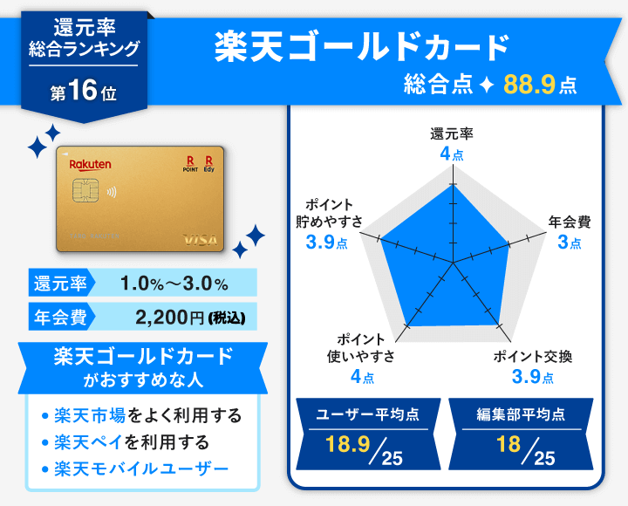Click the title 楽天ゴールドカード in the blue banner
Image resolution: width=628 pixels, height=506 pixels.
pyautogui.click(x=361, y=48)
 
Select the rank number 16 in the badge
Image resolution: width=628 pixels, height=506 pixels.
pyautogui.click(x=82, y=92)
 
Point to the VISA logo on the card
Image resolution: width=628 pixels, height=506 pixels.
pyautogui.click(x=200, y=239)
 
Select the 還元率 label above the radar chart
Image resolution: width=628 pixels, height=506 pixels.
pyautogui.click(x=452, y=134)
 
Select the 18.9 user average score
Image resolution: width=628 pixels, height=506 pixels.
pyautogui.click(x=344, y=445)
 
